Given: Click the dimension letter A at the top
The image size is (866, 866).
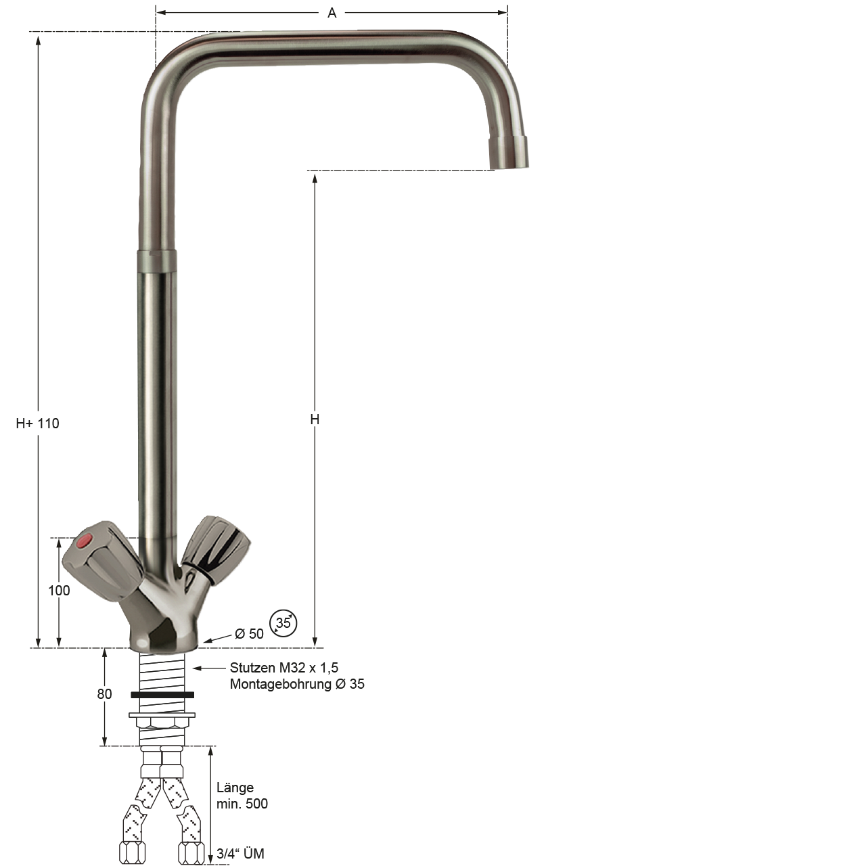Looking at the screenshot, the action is [332, 13].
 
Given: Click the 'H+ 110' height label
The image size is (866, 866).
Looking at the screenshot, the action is [37, 424].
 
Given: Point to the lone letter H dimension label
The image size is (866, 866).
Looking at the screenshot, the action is [315, 419].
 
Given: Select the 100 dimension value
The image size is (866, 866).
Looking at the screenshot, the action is [59, 591].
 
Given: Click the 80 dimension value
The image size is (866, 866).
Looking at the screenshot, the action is [104, 694].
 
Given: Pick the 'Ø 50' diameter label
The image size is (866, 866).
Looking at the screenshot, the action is [249, 634].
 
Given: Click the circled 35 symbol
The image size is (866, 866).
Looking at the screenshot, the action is [283, 623].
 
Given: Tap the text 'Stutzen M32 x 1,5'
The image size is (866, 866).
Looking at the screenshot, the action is [284, 668].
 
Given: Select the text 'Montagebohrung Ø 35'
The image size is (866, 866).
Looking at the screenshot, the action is [297, 684].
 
